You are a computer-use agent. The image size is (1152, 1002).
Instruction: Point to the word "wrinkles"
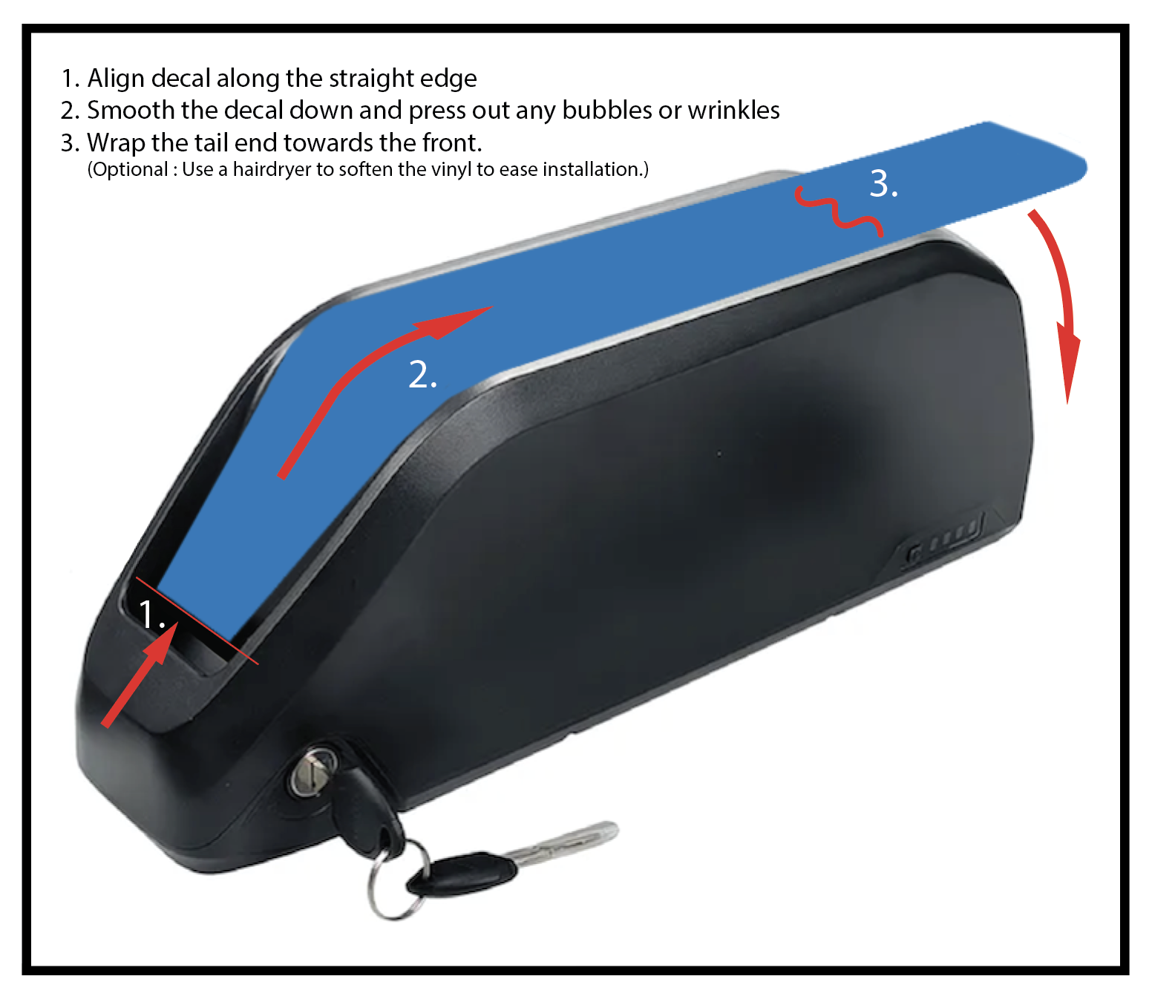tap(733, 111)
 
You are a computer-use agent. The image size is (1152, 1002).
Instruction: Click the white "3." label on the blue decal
tap(883, 184)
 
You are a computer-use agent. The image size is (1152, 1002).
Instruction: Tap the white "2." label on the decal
tap(422, 374)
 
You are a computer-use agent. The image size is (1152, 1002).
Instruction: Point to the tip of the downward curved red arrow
tap(1067, 404)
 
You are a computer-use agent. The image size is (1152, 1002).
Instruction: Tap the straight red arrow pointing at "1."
tap(140, 675)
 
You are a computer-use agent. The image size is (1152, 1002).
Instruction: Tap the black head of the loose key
tap(462, 874)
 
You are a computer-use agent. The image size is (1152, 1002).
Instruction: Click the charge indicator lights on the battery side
tap(945, 538)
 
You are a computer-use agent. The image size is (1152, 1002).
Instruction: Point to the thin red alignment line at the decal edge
tap(197, 621)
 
